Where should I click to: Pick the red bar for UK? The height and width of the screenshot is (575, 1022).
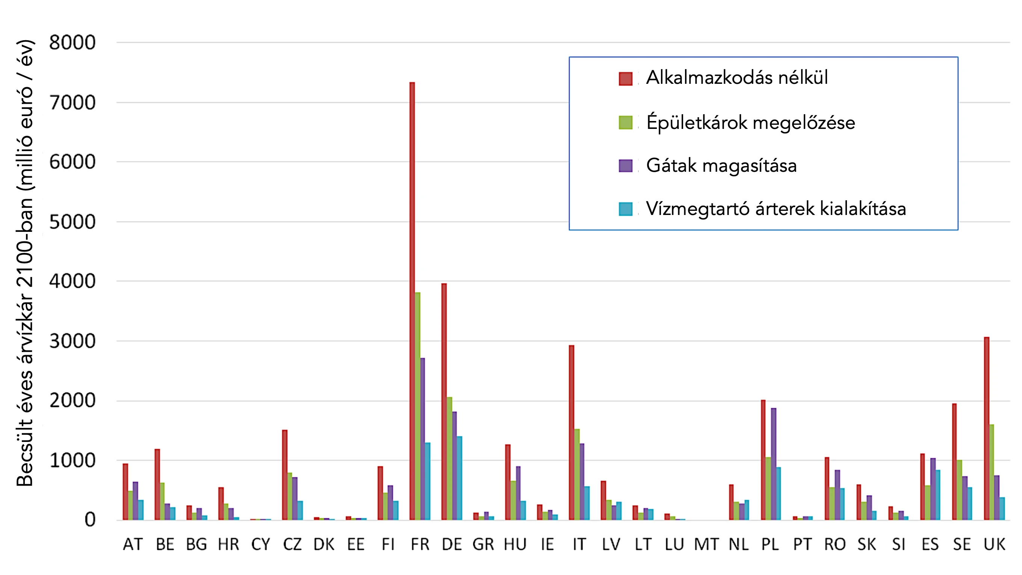[x=987, y=428]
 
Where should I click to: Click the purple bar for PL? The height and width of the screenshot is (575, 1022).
[x=774, y=464]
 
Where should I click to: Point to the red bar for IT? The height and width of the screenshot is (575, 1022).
[x=571, y=433]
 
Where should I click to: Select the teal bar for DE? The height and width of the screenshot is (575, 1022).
[x=460, y=478]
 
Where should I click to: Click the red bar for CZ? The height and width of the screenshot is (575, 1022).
[x=285, y=475]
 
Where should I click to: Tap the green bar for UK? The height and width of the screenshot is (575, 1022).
[x=992, y=472]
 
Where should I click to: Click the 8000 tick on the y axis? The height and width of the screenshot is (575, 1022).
[x=72, y=42]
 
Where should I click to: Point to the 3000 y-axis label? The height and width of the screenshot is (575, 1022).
[x=72, y=341]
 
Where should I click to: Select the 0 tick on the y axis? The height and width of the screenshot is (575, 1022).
[x=90, y=520]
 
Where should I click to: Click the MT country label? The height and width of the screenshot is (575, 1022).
[x=706, y=545]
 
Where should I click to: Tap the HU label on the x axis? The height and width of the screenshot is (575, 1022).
[x=515, y=545]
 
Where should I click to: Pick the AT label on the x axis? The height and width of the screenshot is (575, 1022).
[x=133, y=545]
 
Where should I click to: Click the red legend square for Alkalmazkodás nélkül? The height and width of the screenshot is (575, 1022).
[x=625, y=79]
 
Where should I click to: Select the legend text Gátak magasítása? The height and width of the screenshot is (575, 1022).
[x=721, y=165]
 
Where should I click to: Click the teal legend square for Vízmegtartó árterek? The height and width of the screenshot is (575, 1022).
[x=625, y=209]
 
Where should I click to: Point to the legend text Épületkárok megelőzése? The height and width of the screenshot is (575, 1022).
[x=751, y=122]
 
